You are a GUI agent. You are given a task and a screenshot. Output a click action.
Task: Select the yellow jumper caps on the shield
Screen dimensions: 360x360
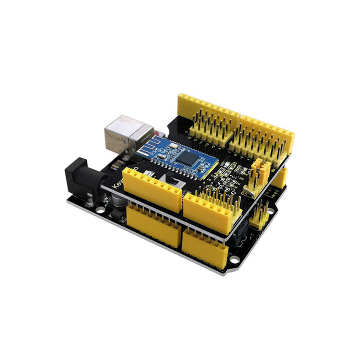(260, 170)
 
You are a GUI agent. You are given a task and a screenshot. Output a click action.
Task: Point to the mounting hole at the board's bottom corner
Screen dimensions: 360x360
(233, 259)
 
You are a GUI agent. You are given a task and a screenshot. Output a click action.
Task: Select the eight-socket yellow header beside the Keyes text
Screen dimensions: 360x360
(152, 188)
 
